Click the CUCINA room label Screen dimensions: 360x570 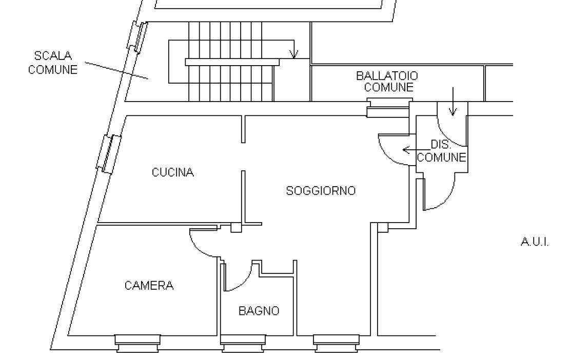(x=173, y=172)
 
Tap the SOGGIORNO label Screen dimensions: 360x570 (x=321, y=191)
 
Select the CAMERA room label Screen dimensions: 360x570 (x=149, y=286)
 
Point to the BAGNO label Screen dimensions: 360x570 (x=259, y=311)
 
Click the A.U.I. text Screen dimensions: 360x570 (x=535, y=242)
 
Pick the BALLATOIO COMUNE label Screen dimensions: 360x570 (x=387, y=82)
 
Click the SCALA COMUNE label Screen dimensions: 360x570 (x=53, y=63)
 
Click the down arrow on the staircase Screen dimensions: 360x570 (x=294, y=51)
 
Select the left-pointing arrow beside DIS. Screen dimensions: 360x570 (x=409, y=150)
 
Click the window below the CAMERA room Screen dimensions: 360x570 (x=138, y=343)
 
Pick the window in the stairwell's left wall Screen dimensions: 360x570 (x=137, y=37)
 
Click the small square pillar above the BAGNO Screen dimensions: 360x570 (x=236, y=227)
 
